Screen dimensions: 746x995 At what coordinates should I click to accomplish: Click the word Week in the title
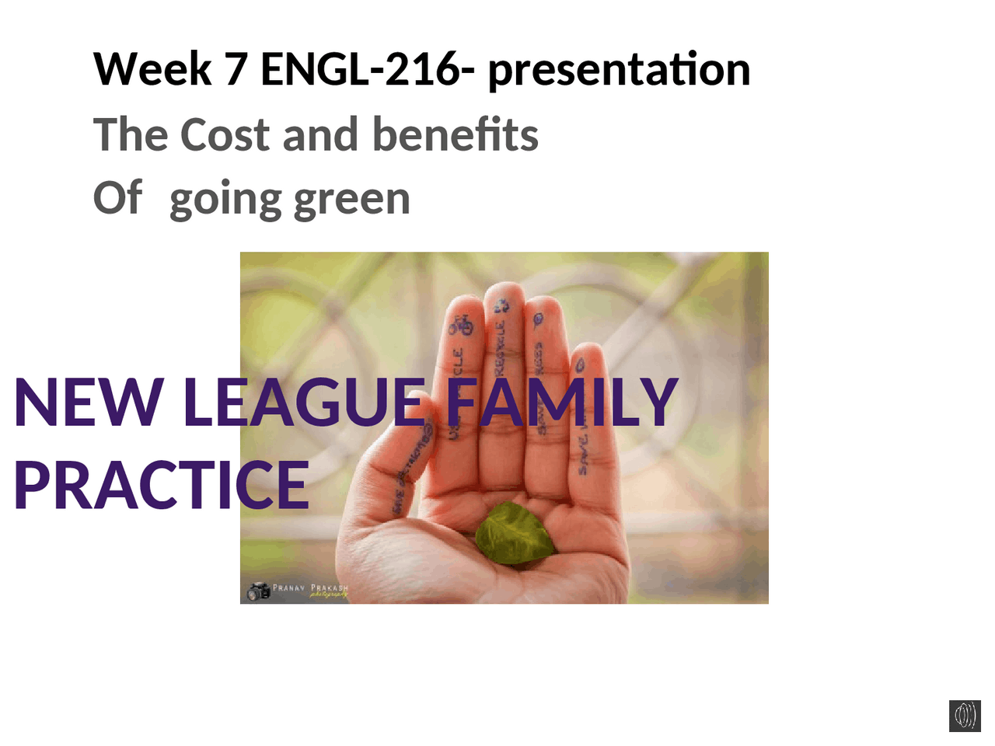click(x=152, y=69)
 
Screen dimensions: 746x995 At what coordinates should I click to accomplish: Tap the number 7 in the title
click(x=236, y=69)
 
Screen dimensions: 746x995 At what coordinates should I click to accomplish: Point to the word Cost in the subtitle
click(x=225, y=134)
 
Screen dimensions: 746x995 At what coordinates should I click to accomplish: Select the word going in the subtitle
click(x=225, y=200)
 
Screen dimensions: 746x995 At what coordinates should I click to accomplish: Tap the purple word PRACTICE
click(x=162, y=485)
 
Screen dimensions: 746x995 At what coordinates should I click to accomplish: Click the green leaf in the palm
click(x=515, y=534)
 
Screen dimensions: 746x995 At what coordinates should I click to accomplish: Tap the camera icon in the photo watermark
click(x=257, y=591)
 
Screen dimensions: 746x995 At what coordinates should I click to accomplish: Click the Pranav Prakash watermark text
click(x=310, y=589)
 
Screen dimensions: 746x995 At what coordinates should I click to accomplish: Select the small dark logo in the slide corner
click(x=965, y=715)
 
